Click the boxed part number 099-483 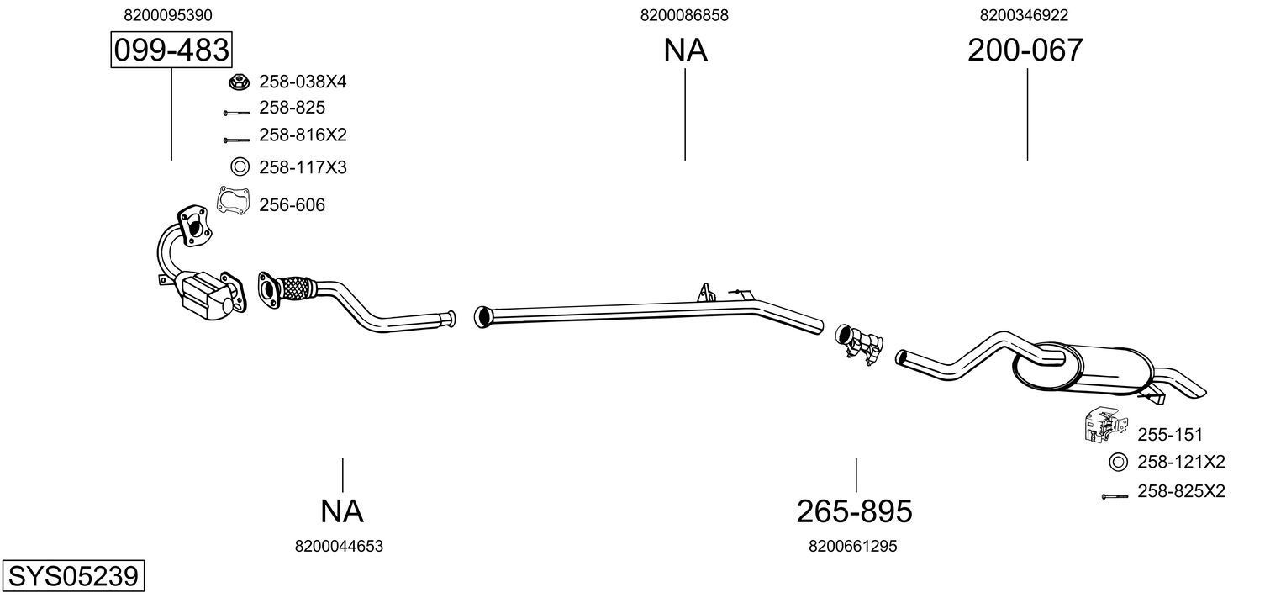pyautogui.click(x=171, y=50)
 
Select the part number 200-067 pyautogui.click(x=1025, y=50)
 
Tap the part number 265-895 pyautogui.click(x=854, y=511)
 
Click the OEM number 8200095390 pyautogui.click(x=167, y=15)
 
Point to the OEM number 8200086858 pyautogui.click(x=683, y=15)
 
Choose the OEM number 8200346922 pyautogui.click(x=1024, y=15)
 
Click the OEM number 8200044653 pyautogui.click(x=339, y=546)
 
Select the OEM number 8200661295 pyautogui.click(x=852, y=546)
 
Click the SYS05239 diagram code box pyautogui.click(x=73, y=577)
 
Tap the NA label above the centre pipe pyautogui.click(x=685, y=50)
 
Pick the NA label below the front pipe pyautogui.click(x=341, y=511)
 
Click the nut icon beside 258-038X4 pyautogui.click(x=239, y=82)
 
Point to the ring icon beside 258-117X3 pyautogui.click(x=240, y=167)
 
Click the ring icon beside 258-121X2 pyautogui.click(x=1118, y=462)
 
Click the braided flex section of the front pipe pyautogui.click(x=295, y=288)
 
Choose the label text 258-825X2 pyautogui.click(x=1180, y=491)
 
